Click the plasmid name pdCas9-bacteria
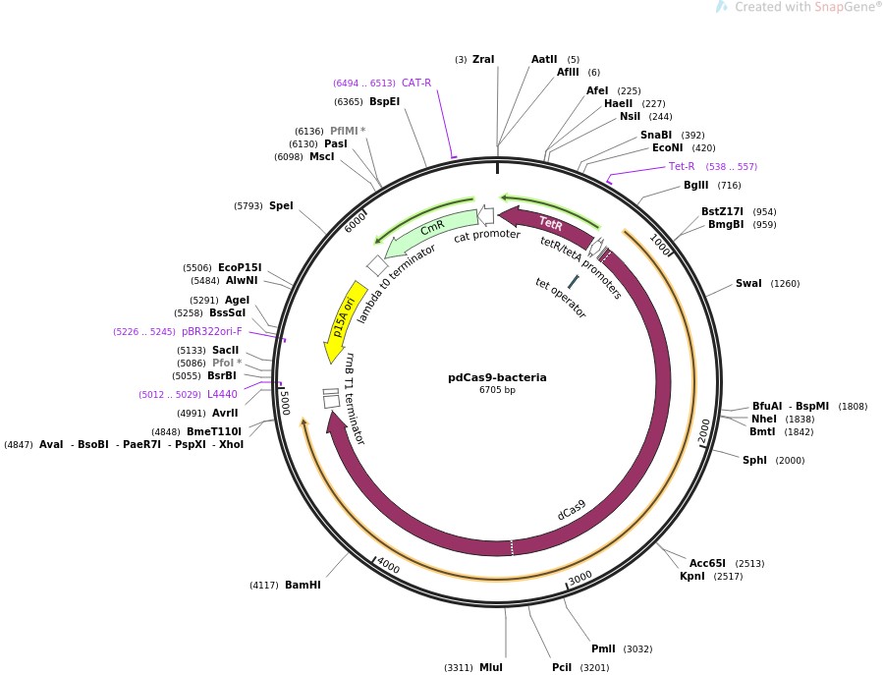pyautogui.click(x=497, y=377)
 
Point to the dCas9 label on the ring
pyautogui.click(x=572, y=509)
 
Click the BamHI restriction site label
pyautogui.click(x=303, y=586)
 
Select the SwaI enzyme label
pyautogui.click(x=748, y=284)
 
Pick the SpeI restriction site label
pyautogui.click(x=281, y=206)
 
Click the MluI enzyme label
pyautogui.click(x=491, y=668)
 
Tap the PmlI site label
pyautogui.click(x=603, y=648)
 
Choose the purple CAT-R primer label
pyautogui.click(x=416, y=84)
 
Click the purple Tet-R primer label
pyautogui.click(x=682, y=166)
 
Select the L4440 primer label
pyautogui.click(x=222, y=394)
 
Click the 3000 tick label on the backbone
pyautogui.click(x=579, y=577)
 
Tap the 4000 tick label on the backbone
pyautogui.click(x=388, y=567)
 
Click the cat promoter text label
pyautogui.click(x=486, y=235)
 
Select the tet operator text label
pyautogui.click(x=561, y=297)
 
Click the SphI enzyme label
pyautogui.click(x=754, y=460)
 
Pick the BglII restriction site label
pyautogui.click(x=695, y=186)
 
